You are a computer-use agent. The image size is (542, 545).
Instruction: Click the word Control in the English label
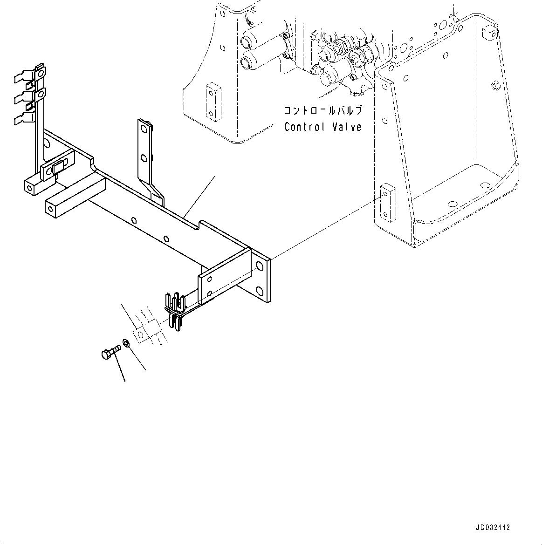(x=304, y=127)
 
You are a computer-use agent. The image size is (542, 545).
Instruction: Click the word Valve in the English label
(x=347, y=127)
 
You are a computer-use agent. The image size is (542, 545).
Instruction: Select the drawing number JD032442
(x=493, y=528)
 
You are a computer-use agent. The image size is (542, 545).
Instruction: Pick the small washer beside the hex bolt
(x=126, y=344)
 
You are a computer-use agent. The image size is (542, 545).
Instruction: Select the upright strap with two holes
(x=146, y=154)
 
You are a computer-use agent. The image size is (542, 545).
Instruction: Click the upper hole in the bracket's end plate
(x=260, y=266)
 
